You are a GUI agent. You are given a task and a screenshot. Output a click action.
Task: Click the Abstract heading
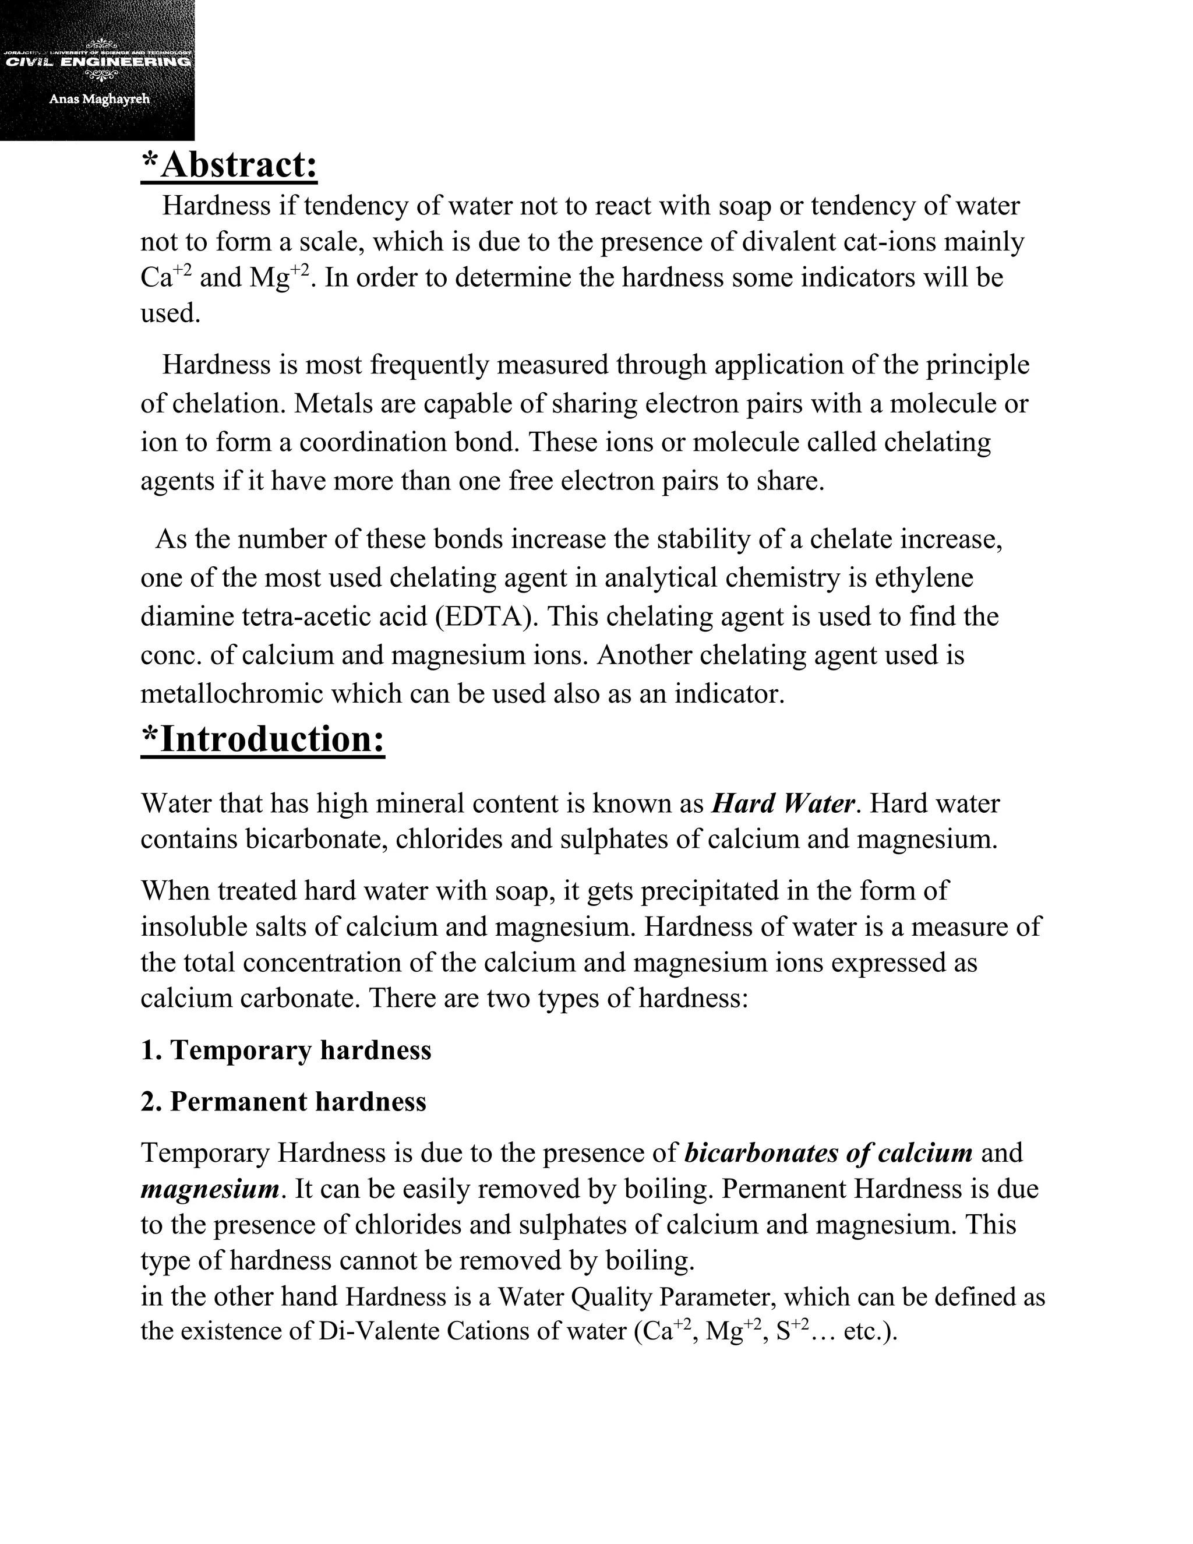[x=230, y=165]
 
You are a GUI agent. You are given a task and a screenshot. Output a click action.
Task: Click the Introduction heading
[x=263, y=739]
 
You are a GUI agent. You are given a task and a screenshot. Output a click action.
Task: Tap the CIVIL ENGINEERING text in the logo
[x=97, y=62]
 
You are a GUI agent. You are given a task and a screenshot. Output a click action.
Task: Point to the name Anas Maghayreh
[x=99, y=99]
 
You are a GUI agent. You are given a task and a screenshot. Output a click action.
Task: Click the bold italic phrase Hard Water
[x=783, y=804]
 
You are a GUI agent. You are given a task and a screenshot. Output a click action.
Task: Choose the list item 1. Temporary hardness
[x=286, y=1051]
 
